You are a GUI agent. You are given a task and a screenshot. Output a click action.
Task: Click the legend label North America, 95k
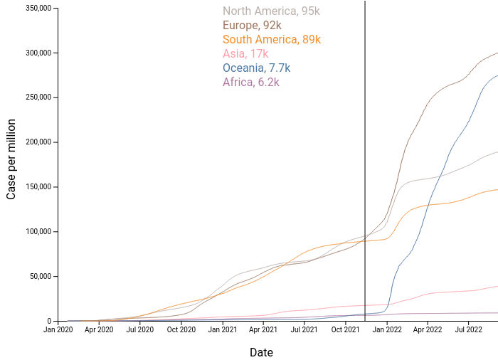coord(271,11)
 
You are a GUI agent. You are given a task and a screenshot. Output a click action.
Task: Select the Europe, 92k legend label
coord(252,26)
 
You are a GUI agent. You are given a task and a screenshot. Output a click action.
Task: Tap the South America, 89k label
coord(271,40)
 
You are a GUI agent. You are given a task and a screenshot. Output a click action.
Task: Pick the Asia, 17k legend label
coord(245,54)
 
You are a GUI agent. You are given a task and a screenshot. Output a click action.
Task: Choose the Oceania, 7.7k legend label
coord(256,68)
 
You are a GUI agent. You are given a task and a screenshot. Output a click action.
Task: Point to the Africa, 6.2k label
coord(250,83)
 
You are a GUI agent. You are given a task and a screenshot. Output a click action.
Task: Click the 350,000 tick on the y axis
coord(38,9)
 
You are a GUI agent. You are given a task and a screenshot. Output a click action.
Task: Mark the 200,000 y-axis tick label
coord(38,142)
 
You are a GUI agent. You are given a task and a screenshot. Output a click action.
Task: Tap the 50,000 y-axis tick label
coord(40,277)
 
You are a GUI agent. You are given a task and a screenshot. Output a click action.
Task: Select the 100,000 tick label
coord(38,232)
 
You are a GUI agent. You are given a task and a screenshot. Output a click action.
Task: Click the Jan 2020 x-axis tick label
coord(58,330)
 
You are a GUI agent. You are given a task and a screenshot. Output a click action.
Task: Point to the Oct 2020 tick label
coord(181,330)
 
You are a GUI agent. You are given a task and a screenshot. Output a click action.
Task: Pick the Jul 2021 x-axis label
coord(304,330)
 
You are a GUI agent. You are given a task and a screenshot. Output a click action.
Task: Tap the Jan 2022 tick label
coord(387,330)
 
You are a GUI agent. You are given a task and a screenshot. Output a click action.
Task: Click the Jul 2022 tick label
coord(468,330)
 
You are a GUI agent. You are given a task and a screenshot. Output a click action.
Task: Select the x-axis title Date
coord(261,352)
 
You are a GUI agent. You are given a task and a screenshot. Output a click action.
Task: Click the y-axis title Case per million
coord(11,165)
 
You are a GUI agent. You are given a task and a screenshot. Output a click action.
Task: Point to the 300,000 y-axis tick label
coord(38,53)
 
